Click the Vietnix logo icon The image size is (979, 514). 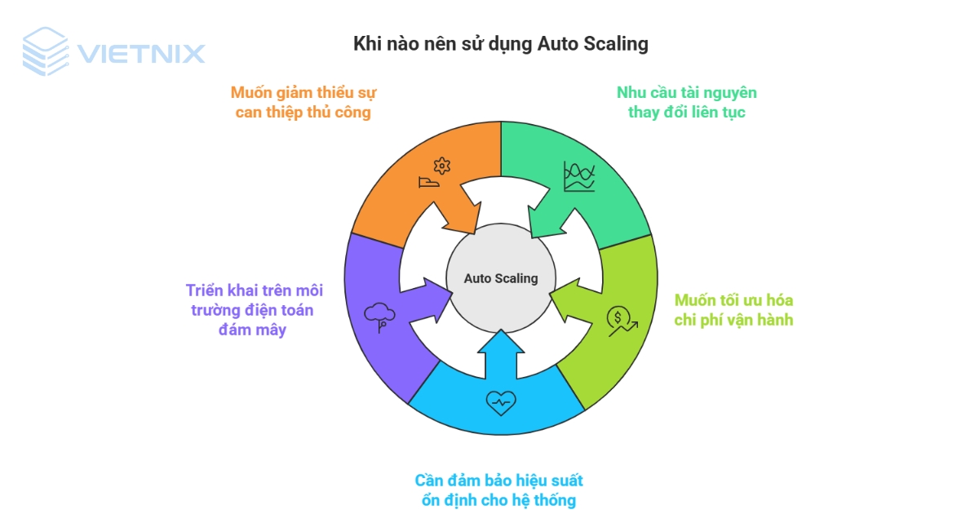[45, 51]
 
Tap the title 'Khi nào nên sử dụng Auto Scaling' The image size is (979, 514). [500, 43]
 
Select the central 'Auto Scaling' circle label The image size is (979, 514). [501, 278]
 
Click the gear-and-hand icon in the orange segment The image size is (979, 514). [434, 174]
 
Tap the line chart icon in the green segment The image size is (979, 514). [578, 176]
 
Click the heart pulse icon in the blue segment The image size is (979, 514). [501, 401]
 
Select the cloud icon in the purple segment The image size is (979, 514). [379, 317]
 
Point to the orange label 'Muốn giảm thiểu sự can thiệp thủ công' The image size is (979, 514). [303, 102]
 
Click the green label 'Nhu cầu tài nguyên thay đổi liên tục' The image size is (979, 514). [686, 102]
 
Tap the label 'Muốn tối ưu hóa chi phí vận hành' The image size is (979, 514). [733, 310]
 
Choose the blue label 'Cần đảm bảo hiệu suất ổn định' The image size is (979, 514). [499, 490]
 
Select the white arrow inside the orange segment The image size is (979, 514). [457, 211]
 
